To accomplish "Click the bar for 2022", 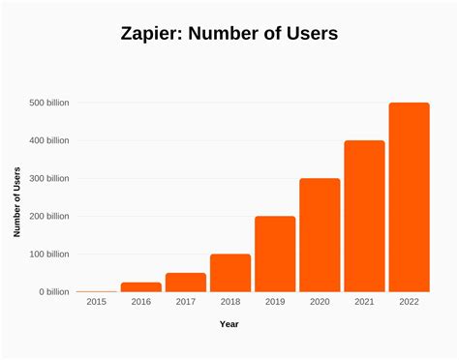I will point(409,196).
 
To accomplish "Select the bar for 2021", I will point(364,216).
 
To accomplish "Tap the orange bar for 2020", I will point(320,235).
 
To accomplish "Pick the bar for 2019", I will point(275,254).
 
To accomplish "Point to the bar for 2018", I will point(230,273).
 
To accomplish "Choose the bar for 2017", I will point(186,283).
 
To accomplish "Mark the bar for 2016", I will point(141,287).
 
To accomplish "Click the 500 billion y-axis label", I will point(48,103).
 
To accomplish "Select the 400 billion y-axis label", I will point(48,140).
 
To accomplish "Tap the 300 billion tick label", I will point(48,178).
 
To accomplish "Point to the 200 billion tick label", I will point(48,216).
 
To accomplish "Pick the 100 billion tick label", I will point(48,254).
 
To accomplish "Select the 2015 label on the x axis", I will point(97,303).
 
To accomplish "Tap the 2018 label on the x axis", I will point(230,303).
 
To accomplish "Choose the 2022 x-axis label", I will point(409,303).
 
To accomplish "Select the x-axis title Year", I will point(229,324).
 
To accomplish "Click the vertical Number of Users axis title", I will point(16,201).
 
